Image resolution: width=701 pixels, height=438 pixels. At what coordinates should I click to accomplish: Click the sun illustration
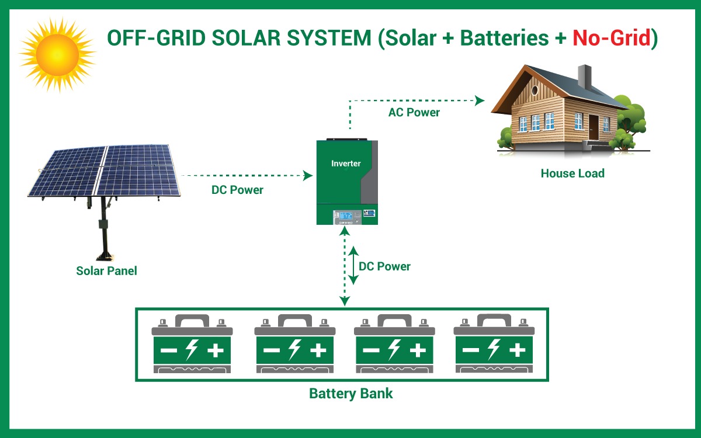(x=57, y=54)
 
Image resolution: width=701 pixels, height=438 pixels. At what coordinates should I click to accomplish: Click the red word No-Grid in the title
(x=611, y=38)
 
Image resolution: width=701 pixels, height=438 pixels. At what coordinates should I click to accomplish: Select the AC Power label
(x=414, y=112)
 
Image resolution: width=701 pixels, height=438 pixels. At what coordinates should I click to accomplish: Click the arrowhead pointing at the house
(x=480, y=100)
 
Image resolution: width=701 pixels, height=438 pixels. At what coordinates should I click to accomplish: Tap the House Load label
(x=572, y=173)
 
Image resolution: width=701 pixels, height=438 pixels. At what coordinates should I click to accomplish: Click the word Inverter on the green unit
(x=346, y=164)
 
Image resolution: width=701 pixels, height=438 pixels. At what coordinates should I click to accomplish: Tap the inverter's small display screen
(x=346, y=215)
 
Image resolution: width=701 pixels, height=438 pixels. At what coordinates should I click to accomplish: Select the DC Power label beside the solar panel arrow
(x=237, y=190)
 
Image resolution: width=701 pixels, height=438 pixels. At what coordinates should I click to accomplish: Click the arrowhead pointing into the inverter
(x=308, y=175)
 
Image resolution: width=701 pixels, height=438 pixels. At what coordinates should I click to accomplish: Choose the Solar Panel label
(x=106, y=271)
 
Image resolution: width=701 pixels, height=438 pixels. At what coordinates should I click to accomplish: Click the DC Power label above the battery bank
(x=384, y=266)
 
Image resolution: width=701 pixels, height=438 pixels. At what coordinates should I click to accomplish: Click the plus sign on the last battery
(x=517, y=350)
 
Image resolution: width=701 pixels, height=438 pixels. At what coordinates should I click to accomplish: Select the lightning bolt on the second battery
(x=294, y=350)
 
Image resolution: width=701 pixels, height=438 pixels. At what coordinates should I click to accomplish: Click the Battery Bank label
(x=350, y=394)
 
